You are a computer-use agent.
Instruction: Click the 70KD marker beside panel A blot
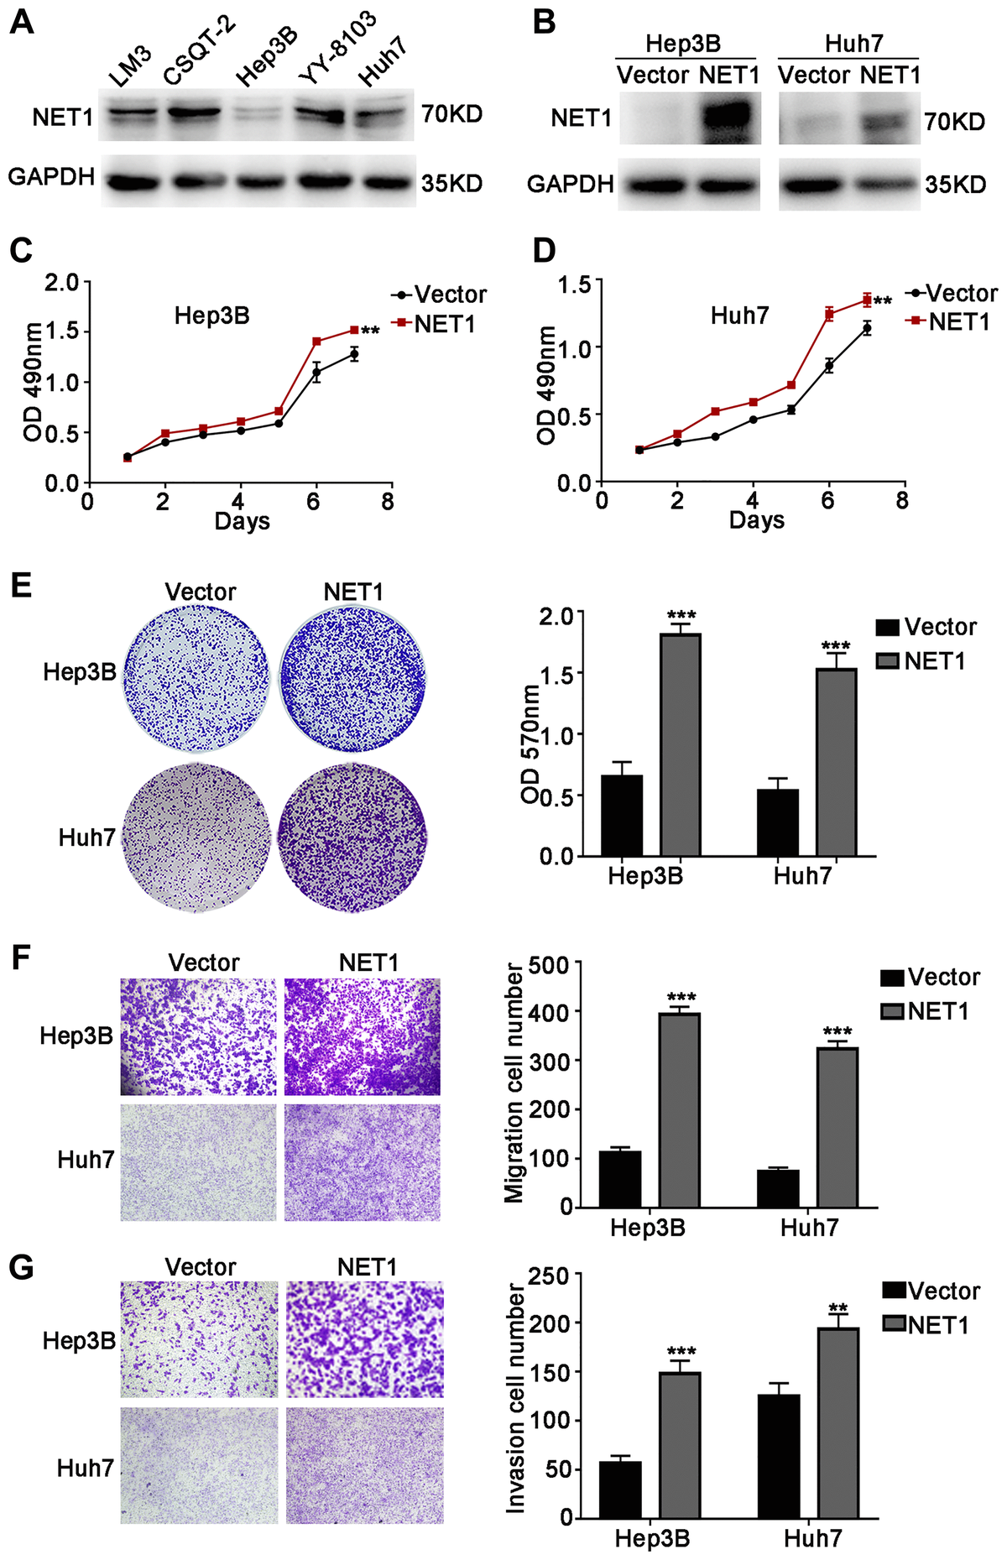pyautogui.click(x=451, y=113)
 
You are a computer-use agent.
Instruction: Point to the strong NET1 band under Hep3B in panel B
pyautogui.click(x=727, y=117)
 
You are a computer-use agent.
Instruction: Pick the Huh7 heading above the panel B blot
pyautogui.click(x=853, y=44)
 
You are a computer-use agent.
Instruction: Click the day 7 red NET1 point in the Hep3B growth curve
pyautogui.click(x=354, y=330)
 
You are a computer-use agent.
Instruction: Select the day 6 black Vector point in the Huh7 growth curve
pyautogui.click(x=828, y=365)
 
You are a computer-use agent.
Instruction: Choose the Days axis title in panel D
pyautogui.click(x=756, y=520)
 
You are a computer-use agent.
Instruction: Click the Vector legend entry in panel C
pyautogui.click(x=439, y=295)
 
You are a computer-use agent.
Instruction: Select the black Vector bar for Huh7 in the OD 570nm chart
pyautogui.click(x=778, y=822)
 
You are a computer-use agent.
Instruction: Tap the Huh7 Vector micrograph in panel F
pyautogui.click(x=198, y=1162)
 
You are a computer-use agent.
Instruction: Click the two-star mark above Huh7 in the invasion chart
pyautogui.click(x=837, y=1308)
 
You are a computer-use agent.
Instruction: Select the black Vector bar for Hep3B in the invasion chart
pyautogui.click(x=620, y=1489)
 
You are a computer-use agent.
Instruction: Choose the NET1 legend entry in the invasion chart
pyautogui.click(x=926, y=1326)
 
